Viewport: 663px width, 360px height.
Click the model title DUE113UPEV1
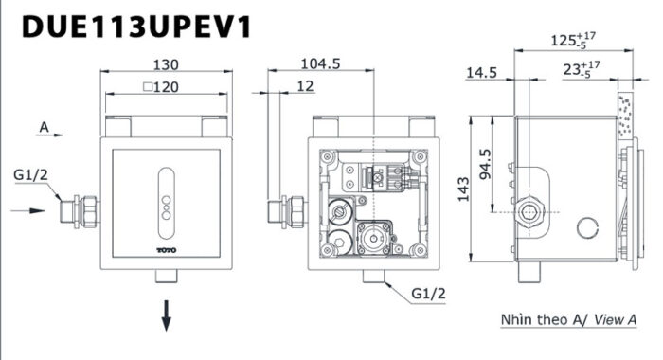click(136, 27)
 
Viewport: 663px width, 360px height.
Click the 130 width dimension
click(166, 64)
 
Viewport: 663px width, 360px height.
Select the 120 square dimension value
click(161, 87)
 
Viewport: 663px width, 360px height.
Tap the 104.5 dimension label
click(320, 63)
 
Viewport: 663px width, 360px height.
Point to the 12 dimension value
click(305, 86)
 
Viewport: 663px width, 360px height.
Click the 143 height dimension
click(463, 189)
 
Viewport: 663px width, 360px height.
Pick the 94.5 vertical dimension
click(485, 164)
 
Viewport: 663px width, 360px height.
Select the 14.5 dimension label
click(481, 73)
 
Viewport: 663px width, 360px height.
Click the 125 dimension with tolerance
click(573, 40)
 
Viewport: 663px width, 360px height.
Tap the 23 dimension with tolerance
click(582, 69)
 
